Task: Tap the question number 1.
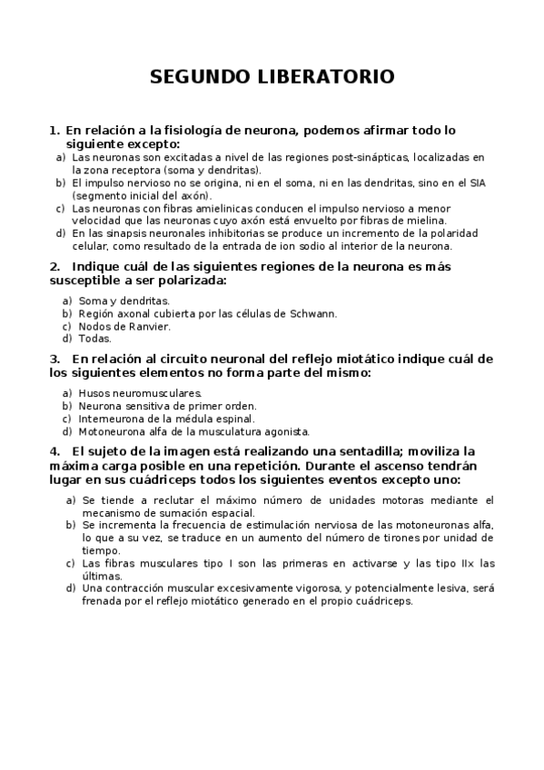tap(54, 131)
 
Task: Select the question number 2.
tap(54, 267)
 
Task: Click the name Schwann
tap(314, 313)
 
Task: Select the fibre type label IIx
tap(466, 563)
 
